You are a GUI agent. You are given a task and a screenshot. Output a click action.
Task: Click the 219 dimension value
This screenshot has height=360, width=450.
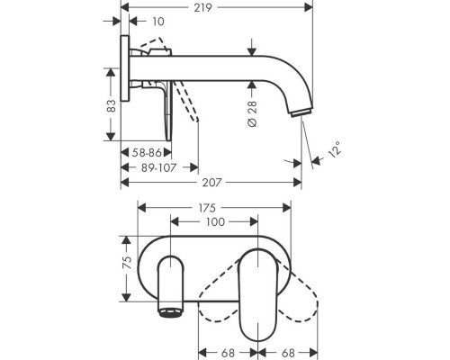202,7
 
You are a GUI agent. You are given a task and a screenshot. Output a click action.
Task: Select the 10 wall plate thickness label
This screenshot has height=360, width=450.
158,22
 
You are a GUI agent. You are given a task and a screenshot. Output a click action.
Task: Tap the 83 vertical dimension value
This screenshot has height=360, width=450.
111,105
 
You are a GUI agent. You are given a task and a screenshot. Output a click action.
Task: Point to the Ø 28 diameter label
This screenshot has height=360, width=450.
253,113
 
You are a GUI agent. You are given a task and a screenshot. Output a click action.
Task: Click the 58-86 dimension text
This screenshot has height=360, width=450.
147,153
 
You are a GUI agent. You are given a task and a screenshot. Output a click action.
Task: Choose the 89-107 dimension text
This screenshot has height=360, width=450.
158,167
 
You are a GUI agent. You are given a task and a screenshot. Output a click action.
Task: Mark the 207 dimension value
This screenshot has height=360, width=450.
211,183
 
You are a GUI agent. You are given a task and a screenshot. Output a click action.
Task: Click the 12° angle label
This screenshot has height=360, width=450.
335,149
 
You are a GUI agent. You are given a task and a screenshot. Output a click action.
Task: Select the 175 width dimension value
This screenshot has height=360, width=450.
207,208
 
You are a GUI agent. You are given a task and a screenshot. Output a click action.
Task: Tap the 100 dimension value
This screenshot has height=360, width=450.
215,222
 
